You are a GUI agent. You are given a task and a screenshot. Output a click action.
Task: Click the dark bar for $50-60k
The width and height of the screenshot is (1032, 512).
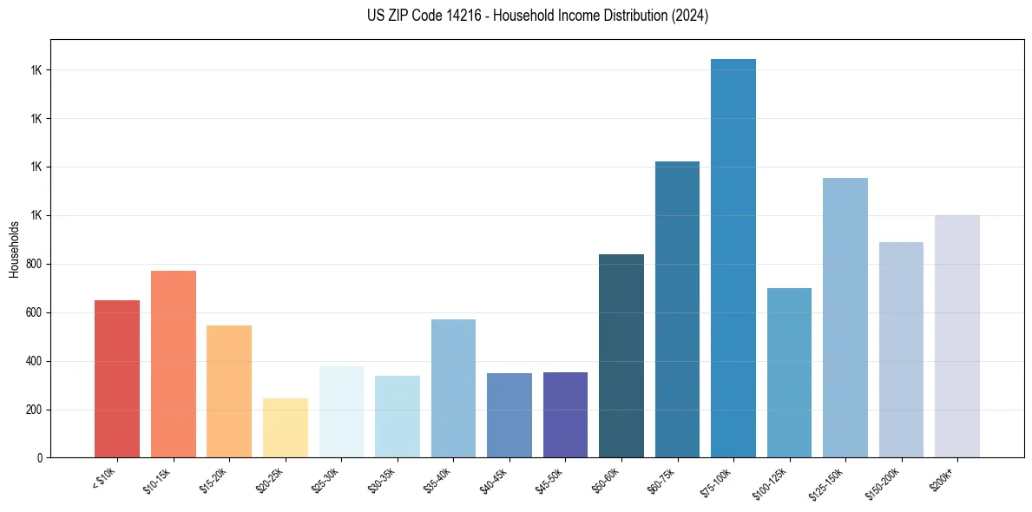[x=621, y=356]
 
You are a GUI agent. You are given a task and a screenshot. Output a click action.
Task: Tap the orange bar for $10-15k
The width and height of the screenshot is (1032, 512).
[x=174, y=364]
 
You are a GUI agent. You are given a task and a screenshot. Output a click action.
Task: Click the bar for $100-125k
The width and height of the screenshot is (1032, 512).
[x=789, y=372]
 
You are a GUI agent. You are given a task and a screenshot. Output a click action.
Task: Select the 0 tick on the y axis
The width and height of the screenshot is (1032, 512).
[x=40, y=458]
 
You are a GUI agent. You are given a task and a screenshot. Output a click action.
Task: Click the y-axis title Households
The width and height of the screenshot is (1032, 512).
[x=14, y=248]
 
